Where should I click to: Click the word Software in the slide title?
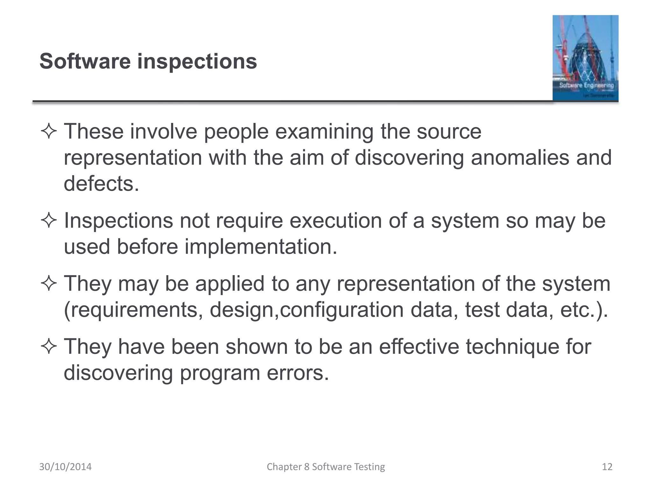point(85,61)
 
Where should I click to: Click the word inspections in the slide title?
point(197,62)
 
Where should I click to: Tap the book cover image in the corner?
point(585,58)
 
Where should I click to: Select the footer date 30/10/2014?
point(65,467)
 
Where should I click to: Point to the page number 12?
point(607,467)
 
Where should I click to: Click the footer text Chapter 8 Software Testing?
point(326,467)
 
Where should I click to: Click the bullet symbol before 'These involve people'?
point(49,132)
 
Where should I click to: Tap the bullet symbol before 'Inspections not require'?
point(49,221)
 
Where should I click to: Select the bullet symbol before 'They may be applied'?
point(49,284)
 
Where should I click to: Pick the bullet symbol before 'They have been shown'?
point(49,347)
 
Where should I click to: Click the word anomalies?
point(520,158)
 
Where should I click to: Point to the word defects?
point(101,184)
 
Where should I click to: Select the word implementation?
point(260,247)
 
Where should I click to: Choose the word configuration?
point(342,310)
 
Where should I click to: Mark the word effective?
point(419,346)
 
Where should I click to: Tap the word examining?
point(324,132)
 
